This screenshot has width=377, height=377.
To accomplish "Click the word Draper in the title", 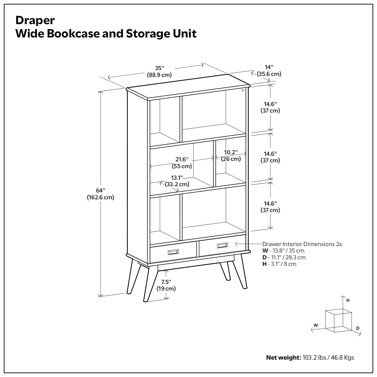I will pos(35,20).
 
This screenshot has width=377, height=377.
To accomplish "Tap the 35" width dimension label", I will pos(159,71).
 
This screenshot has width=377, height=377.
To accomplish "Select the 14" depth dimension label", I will pos(269,71).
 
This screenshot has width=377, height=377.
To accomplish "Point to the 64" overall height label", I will pos(101,194).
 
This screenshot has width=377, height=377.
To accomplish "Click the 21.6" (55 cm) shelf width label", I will pos(182,163).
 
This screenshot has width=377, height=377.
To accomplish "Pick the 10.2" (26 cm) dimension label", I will pos(231,156).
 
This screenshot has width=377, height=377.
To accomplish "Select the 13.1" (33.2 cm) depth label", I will pos(177,181).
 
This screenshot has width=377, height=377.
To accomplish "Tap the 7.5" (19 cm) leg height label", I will pos(166,285).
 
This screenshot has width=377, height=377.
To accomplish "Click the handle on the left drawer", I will pos(173,252).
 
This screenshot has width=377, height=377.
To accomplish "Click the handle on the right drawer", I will pos(222,245).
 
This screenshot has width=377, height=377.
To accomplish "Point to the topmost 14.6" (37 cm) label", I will pos(270,107).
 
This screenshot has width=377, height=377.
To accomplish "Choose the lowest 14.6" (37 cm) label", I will pos(270,207).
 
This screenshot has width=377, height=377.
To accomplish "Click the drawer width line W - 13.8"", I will pos(283,251).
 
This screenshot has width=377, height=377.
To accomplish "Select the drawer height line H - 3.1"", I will pos(279,264).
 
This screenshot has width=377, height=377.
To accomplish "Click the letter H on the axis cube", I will pos(348,300).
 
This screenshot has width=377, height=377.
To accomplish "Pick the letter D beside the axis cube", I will pos(358,328).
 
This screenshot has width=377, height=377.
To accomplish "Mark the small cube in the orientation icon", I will pos(338,320).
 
